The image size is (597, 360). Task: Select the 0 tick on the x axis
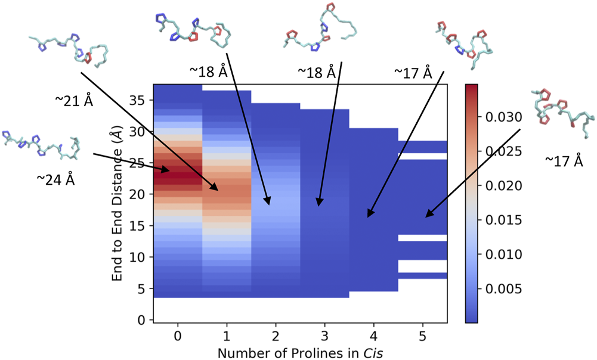click(177, 336)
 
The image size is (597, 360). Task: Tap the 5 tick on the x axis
click(423, 336)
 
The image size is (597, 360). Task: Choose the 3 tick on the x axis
click(324, 336)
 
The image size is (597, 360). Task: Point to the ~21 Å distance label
click(73, 102)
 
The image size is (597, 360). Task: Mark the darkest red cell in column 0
click(177, 172)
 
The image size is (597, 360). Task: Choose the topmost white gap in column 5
click(423, 156)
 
